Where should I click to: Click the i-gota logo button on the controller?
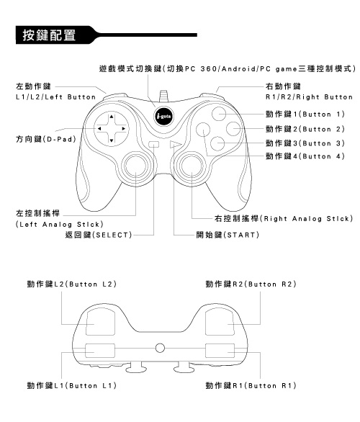click(163, 116)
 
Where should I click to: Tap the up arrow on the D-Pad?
click(112, 117)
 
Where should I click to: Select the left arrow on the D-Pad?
click(99, 129)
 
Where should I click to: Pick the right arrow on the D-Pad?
click(124, 129)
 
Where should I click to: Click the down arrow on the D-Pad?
click(112, 140)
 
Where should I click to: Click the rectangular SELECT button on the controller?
click(153, 144)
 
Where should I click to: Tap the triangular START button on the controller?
click(176, 144)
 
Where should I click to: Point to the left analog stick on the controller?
click(136, 165)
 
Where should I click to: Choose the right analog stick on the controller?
click(192, 165)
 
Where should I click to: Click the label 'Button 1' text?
click(323, 114)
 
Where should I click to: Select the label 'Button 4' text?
click(323, 156)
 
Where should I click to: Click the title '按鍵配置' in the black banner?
click(49, 35)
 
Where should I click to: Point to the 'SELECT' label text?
click(112, 235)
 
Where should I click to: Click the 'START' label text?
click(241, 235)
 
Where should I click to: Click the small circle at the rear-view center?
click(160, 348)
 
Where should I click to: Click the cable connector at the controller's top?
click(163, 96)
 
